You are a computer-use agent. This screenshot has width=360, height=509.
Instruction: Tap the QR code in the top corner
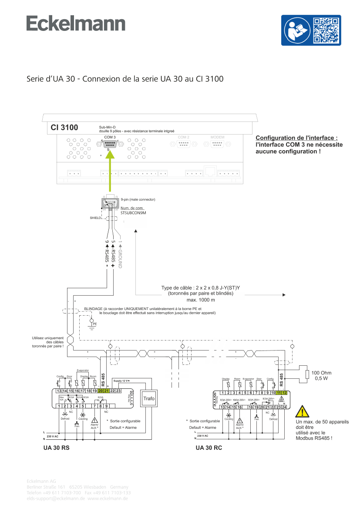(326, 30)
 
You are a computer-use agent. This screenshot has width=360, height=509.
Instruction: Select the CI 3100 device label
(64, 128)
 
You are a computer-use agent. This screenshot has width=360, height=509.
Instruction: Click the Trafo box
(149, 398)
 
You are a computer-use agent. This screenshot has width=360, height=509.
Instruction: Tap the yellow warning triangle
(301, 412)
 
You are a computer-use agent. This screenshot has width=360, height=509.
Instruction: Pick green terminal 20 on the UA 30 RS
(101, 391)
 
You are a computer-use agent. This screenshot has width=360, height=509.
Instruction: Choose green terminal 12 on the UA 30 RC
(284, 393)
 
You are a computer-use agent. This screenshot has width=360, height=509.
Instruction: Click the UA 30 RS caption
(57, 448)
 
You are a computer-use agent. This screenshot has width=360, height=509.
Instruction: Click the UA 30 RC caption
(209, 448)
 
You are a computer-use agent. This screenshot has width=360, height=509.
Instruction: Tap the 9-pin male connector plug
(110, 203)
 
